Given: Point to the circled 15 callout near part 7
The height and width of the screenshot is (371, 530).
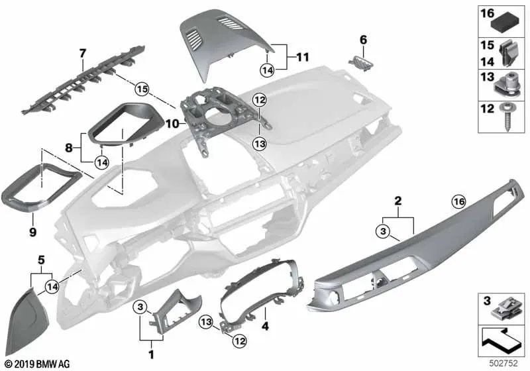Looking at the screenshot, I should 141,88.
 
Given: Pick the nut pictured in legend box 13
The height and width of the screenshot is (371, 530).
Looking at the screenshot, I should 505,85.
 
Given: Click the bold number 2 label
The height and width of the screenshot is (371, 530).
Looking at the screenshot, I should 397,200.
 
